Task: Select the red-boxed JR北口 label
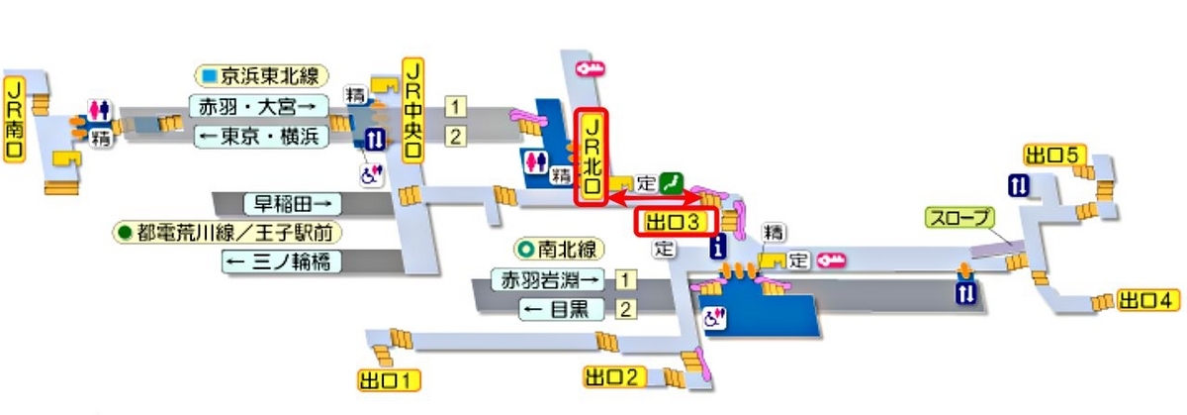(592, 157)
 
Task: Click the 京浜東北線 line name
(262, 76)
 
